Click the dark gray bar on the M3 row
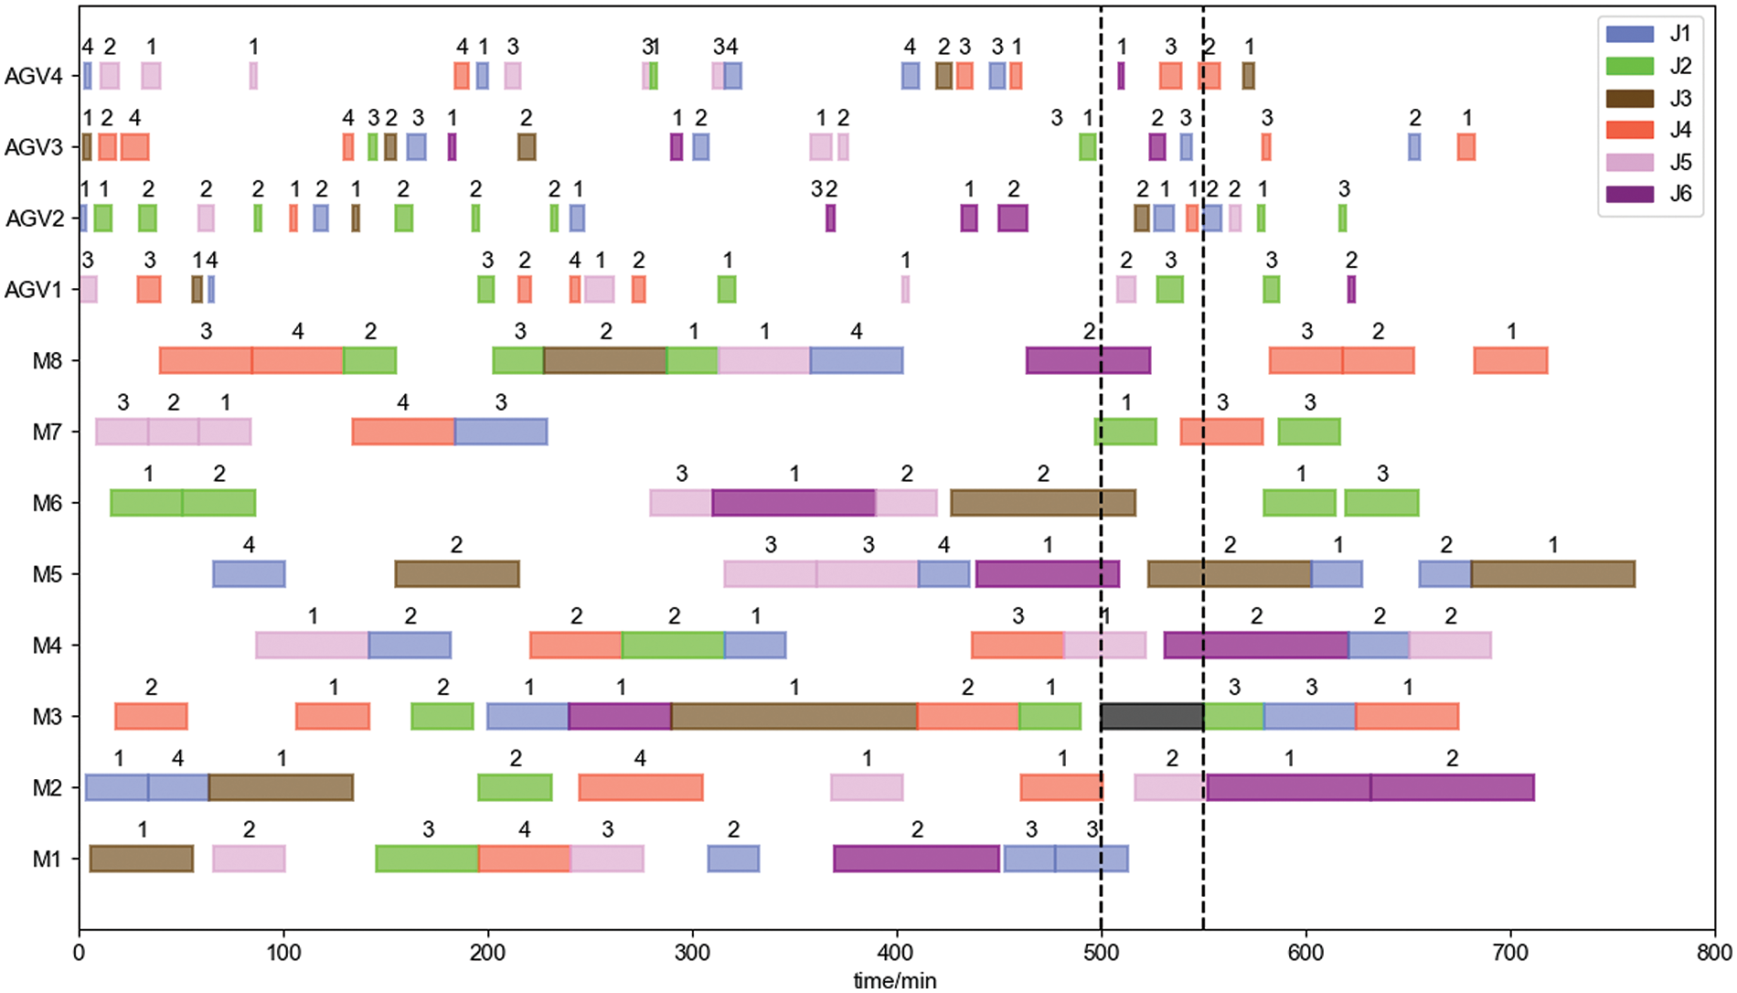click(x=1152, y=717)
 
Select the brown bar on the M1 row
click(x=142, y=859)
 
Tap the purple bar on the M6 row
click(x=794, y=503)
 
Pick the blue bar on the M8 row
click(x=857, y=360)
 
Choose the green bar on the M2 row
click(x=515, y=787)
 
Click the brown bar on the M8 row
click(x=605, y=360)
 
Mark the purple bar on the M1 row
click(x=916, y=859)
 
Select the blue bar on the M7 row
click(x=501, y=432)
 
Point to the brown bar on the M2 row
click(x=281, y=787)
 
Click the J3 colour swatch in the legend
click(x=1629, y=99)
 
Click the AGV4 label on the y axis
click(x=34, y=76)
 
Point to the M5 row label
click(x=47, y=574)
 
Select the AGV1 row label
click(x=34, y=290)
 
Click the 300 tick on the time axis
click(x=692, y=953)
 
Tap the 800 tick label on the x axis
click(x=1714, y=953)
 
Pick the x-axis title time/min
click(x=895, y=980)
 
